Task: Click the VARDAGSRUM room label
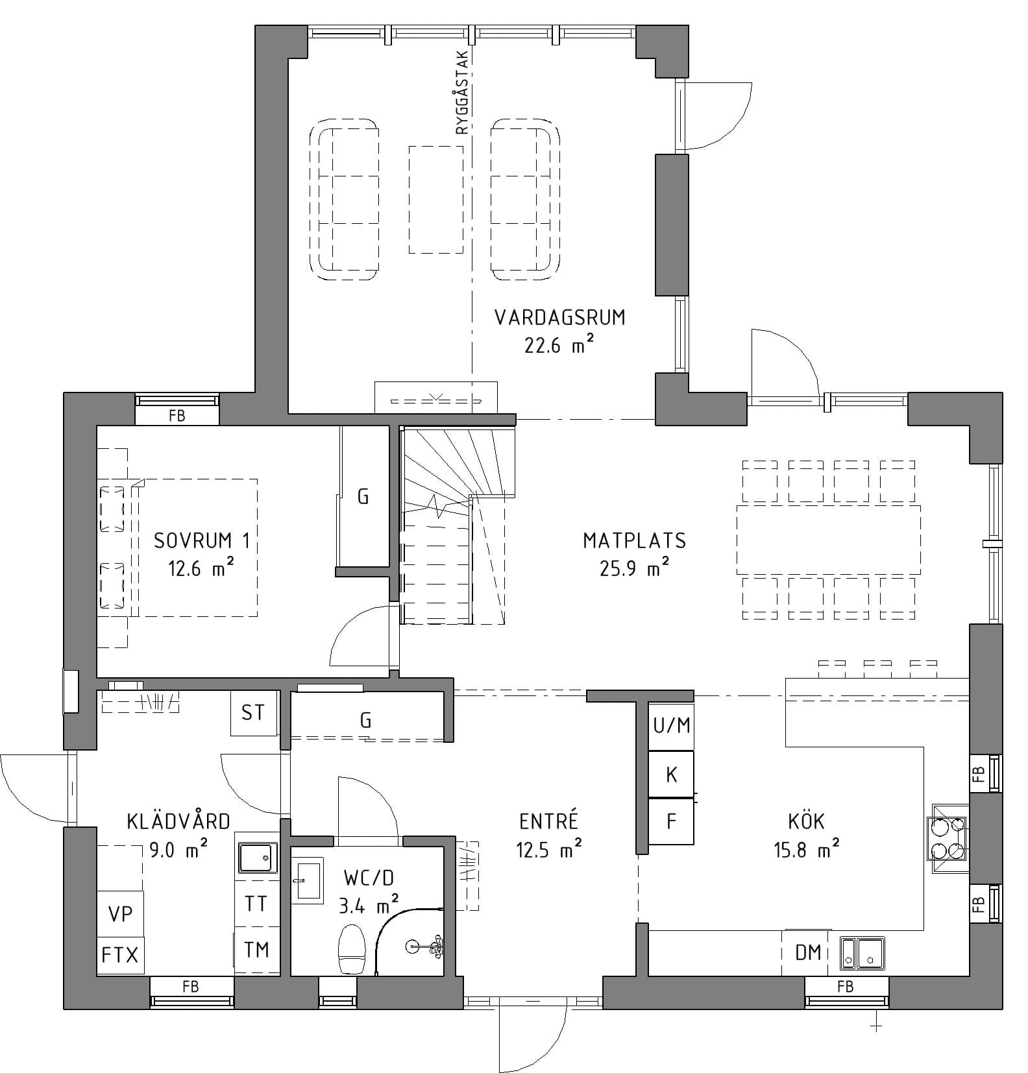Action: click(560, 317)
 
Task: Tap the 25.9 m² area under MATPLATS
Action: click(635, 568)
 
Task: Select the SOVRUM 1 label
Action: click(202, 540)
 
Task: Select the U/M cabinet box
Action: click(671, 725)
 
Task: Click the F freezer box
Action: click(671, 821)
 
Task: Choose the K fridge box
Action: click(671, 775)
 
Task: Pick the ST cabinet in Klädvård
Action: click(254, 713)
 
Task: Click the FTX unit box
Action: click(120, 955)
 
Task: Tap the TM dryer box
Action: click(256, 950)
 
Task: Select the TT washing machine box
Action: click(256, 903)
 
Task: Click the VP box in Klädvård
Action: click(120, 913)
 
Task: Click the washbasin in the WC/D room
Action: click(306, 880)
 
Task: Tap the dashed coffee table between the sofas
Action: click(436, 199)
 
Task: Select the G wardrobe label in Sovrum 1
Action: click(363, 497)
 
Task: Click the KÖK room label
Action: click(806, 821)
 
